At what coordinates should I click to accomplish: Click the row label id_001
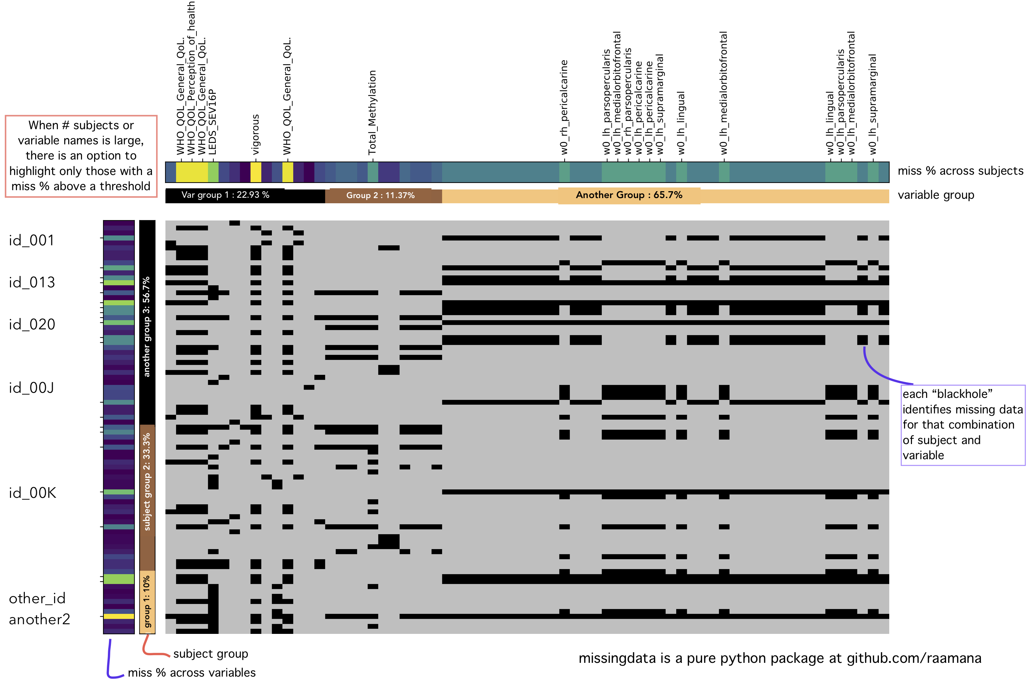tap(32, 240)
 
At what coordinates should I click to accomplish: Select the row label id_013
tap(32, 282)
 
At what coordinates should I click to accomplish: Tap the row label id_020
tap(32, 324)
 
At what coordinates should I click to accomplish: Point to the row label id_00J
tap(32, 388)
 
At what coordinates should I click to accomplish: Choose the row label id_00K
tap(32, 493)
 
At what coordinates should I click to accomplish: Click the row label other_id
tap(37, 598)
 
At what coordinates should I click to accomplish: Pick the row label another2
tap(40, 619)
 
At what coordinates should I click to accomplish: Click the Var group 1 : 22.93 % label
tap(225, 195)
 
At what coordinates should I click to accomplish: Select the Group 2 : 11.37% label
tap(380, 195)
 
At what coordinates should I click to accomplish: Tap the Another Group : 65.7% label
tap(629, 195)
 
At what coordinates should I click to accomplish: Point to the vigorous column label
tap(255, 134)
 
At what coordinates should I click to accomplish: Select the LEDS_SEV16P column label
tap(212, 122)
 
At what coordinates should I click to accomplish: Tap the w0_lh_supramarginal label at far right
tap(873, 104)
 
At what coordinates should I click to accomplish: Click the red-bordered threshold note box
tap(81, 156)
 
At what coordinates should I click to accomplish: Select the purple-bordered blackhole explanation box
tap(963, 424)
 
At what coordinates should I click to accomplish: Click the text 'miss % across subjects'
tap(960, 171)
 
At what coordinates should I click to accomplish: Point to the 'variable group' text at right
tap(935, 195)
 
